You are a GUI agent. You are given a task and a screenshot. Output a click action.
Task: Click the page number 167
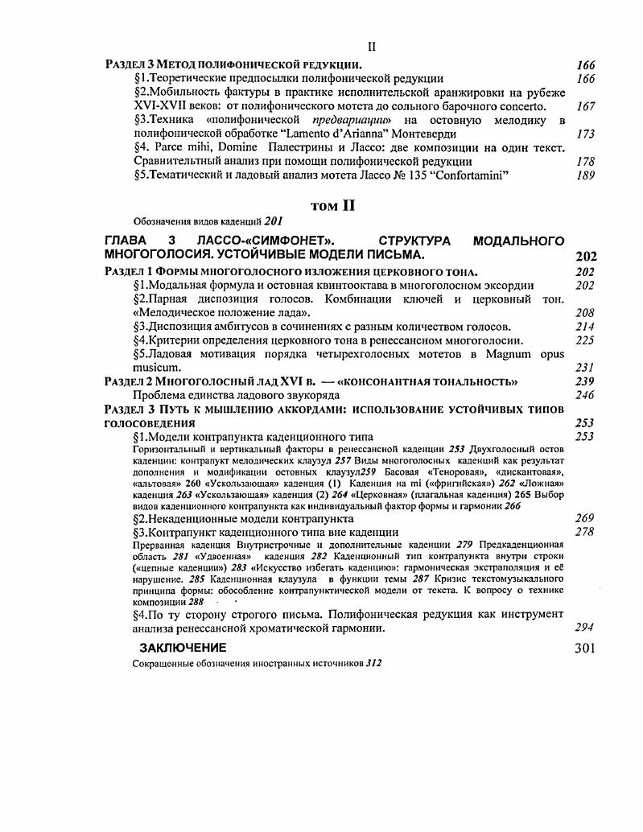585,106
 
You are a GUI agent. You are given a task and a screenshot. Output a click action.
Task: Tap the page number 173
585,134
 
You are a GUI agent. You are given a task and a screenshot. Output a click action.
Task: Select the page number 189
585,175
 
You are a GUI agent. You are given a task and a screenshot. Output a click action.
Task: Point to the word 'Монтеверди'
421,134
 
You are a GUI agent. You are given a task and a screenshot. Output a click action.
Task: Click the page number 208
585,312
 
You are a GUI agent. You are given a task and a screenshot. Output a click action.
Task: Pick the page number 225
585,340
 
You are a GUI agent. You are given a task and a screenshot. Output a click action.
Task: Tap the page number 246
585,395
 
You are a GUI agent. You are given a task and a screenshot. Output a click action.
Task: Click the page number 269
585,519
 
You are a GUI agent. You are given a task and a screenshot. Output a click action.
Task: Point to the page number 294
585,628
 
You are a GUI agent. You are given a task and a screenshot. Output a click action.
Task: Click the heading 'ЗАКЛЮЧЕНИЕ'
183,648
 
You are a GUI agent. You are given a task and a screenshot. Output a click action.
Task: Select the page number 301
585,648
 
